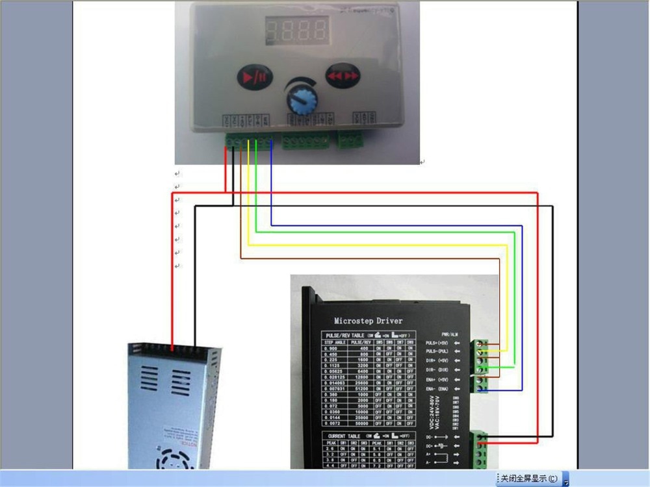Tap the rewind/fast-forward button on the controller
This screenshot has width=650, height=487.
tap(342, 75)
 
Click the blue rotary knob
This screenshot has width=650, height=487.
tap(300, 101)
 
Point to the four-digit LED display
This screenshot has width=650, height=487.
tap(296, 30)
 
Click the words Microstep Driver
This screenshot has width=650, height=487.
tap(368, 320)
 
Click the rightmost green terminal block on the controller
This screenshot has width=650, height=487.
tap(351, 140)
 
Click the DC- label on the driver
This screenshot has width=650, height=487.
tap(430, 437)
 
